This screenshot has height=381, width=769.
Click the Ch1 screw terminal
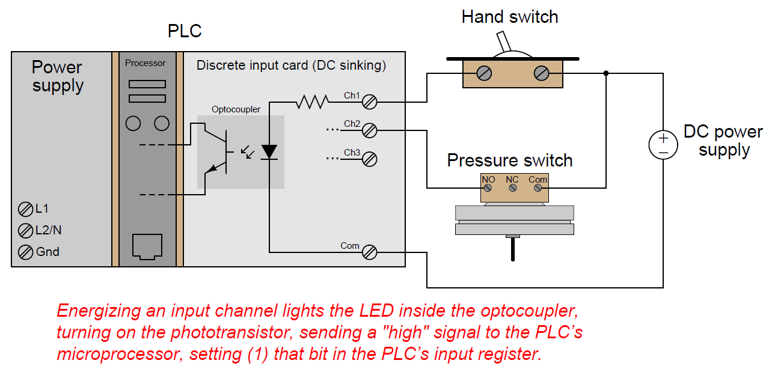click(370, 102)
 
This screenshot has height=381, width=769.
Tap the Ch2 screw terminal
click(370, 130)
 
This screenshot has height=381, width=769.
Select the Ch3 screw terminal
click(370, 159)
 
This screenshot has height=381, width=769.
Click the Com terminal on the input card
click(370, 252)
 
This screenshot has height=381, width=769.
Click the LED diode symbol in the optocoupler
click(269, 151)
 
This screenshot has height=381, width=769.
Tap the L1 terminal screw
click(25, 210)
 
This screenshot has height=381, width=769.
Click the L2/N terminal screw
click(25, 230)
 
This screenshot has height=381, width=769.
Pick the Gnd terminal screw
click(25, 252)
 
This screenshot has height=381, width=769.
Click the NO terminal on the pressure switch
click(488, 188)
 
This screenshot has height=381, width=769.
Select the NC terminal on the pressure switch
click(513, 188)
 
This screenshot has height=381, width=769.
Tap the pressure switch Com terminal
click(538, 188)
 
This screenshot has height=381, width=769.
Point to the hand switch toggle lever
click(504, 41)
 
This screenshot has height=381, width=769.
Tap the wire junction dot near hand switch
click(606, 73)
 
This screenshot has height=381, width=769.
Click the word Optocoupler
click(236, 109)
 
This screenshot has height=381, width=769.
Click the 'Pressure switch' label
click(510, 160)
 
